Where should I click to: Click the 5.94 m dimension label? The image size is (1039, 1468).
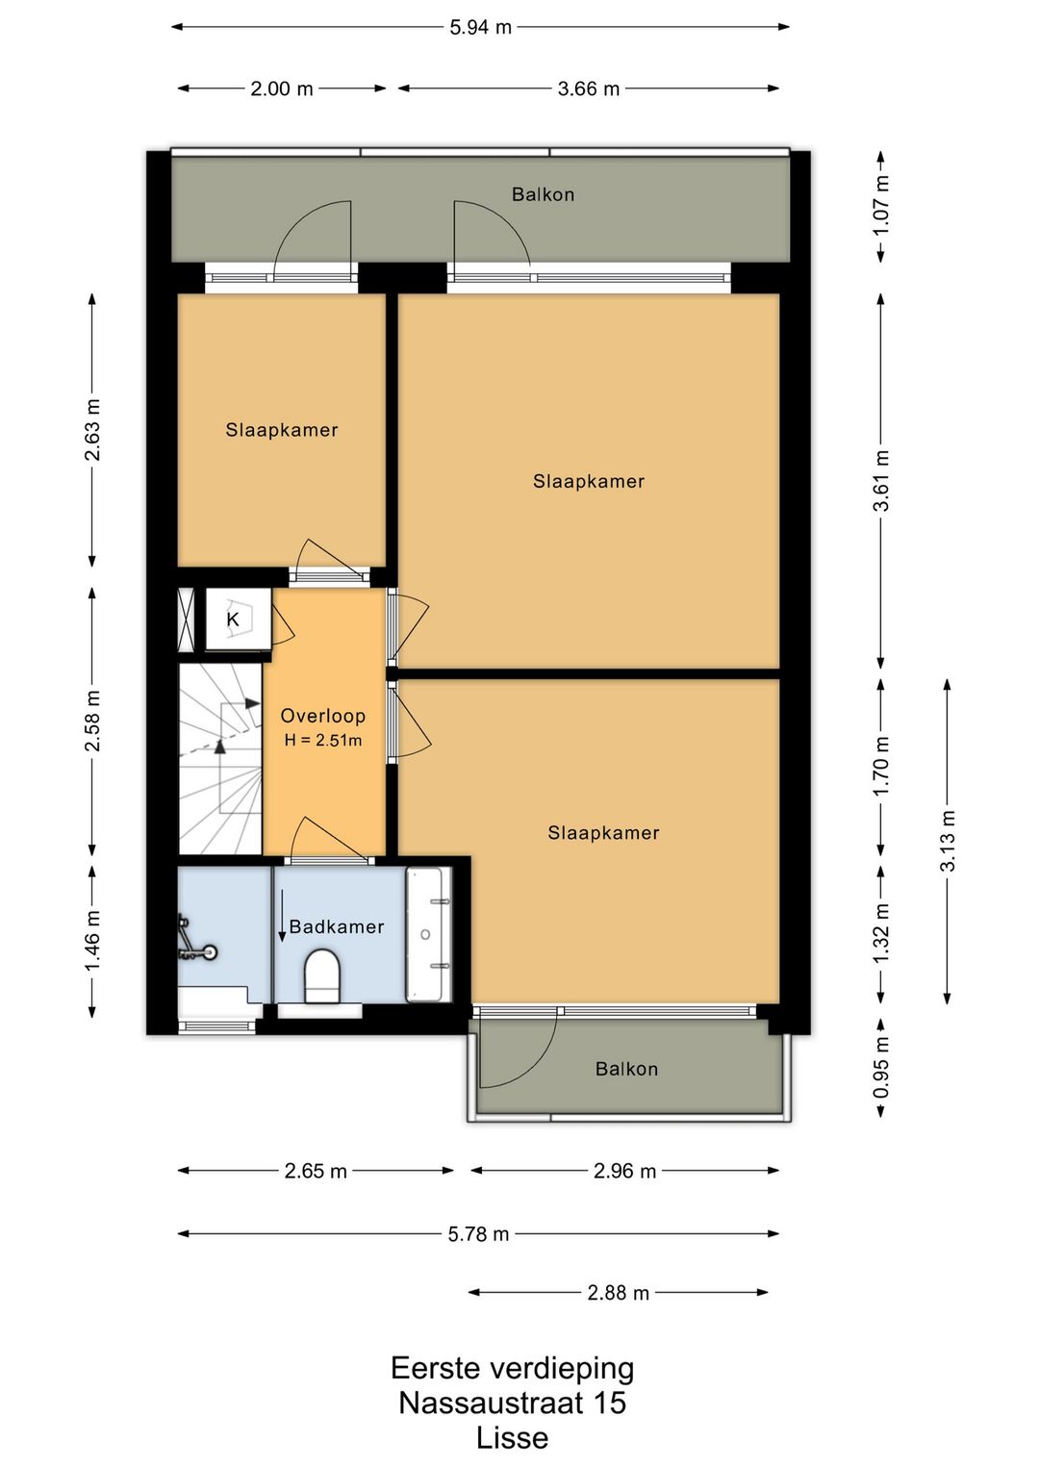coord(480,28)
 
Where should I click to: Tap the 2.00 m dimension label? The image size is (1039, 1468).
coord(282,89)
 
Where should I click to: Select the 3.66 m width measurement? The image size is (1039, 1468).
coord(588,89)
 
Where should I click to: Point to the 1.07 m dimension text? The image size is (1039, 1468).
coord(882,206)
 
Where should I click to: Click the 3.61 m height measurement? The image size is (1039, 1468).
coord(882,481)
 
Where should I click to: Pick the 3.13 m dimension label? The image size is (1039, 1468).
coord(948,841)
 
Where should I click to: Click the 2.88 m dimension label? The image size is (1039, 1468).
coord(618,1293)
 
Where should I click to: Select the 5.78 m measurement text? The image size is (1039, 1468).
coord(478,1234)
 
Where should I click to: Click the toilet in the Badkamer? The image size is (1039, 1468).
coord(323,974)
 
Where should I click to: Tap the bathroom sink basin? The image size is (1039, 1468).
coord(429,934)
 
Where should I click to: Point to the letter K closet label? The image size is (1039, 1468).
coord(233,620)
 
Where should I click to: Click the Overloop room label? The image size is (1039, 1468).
coord(323,716)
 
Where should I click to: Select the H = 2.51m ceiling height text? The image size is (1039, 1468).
coord(323,741)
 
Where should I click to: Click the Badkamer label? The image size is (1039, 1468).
coord(337,926)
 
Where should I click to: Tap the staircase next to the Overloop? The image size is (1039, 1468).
coord(220,759)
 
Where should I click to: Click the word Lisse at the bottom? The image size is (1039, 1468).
coord(513,1438)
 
